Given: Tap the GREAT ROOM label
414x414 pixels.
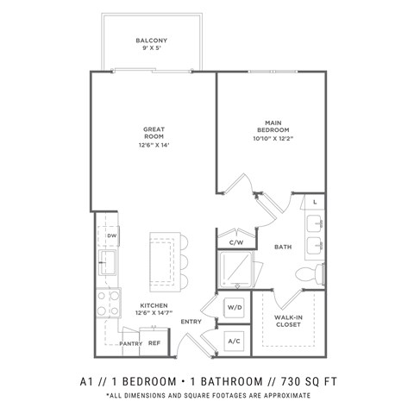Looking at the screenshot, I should coord(154,135).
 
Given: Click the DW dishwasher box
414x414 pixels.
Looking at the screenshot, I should coord(112,235).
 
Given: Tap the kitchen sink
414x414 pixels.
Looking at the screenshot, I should coord(110,263).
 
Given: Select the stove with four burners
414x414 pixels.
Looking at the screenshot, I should coord(108,303).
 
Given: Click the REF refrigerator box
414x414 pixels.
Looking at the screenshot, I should coord(154,342).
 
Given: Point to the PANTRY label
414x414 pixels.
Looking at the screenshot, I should coord(130,343).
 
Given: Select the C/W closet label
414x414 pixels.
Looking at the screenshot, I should coord(235,241).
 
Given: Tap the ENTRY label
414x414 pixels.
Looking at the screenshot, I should coord(191,322).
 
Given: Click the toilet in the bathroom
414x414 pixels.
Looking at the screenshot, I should coord(309,274).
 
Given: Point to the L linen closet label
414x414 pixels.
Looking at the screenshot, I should coord(315,202).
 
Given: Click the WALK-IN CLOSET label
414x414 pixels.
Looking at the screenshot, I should coord(287,322).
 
